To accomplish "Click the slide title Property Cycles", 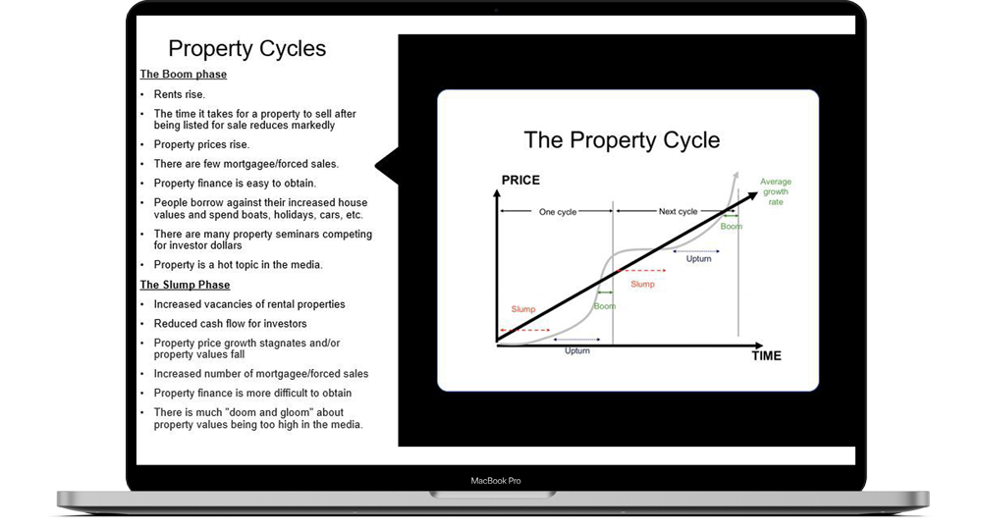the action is pos(246,49).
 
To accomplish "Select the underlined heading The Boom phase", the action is pos(183,75).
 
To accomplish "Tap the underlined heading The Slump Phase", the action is pos(185,285).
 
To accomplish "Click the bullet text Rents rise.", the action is pos(179,94).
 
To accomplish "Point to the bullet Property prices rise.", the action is pos(201,144).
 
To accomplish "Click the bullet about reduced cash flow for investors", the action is pos(231,324).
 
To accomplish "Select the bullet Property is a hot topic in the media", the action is pos(238,265).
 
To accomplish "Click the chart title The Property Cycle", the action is pos(622,140).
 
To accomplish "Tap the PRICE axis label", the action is pos(520,181).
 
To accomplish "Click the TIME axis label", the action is pos(767,356).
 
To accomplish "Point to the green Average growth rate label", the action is pos(776,191).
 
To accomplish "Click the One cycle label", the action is pos(558,212).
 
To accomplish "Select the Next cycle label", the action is pos(678,211).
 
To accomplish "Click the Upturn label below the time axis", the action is pos(576,351).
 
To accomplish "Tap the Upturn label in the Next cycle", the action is pos(698,259).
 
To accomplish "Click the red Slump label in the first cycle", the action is pos(523,309).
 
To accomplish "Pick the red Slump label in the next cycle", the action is pos(642,284).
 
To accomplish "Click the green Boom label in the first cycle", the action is pos(604,306).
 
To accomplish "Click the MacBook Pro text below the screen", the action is pos(495,481).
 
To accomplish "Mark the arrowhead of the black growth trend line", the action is pos(752,196).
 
